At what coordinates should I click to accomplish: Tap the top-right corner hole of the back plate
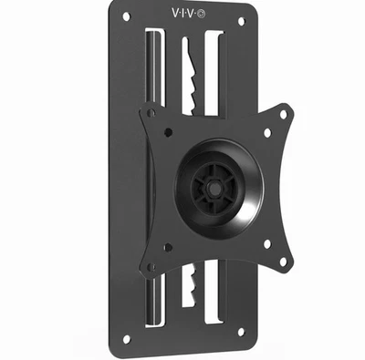click(x=241, y=20)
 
